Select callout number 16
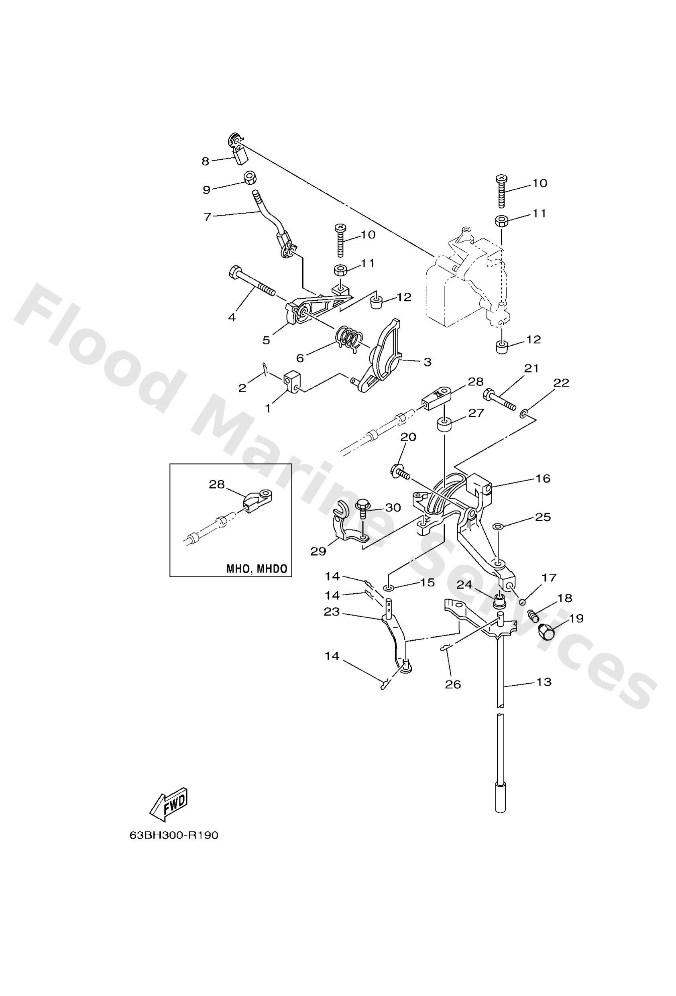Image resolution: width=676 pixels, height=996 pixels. click(x=543, y=478)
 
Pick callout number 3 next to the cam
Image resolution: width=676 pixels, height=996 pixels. click(x=427, y=362)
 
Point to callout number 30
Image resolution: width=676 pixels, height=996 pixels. click(x=393, y=507)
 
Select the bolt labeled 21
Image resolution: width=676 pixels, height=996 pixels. click(x=500, y=399)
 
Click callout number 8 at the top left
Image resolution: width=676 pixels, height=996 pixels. click(x=206, y=161)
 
